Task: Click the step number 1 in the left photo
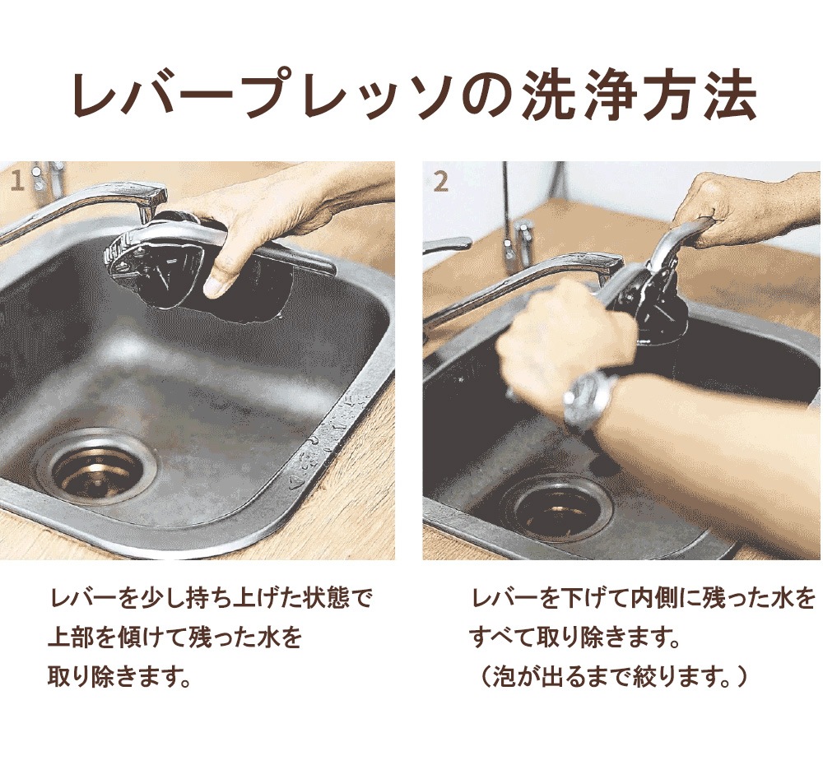click(18, 182)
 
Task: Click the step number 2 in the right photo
click(441, 182)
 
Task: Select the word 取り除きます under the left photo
click(119, 677)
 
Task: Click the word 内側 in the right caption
click(655, 598)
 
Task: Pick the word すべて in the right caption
click(500, 638)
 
